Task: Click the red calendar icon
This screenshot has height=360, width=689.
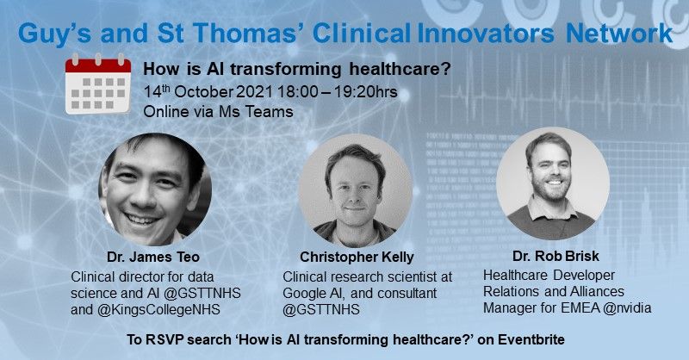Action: click(97, 86)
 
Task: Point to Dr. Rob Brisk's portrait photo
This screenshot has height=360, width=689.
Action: click(547, 188)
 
